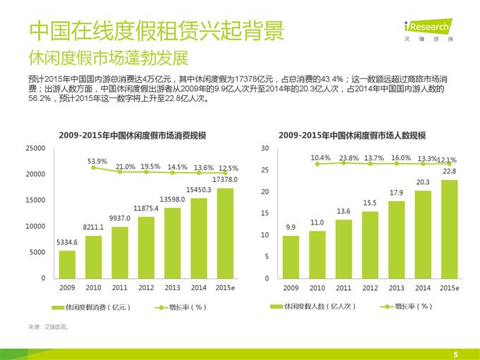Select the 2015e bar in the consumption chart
pos(225,232)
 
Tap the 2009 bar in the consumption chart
pos(67,264)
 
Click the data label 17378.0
pos(225,180)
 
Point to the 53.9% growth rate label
pos(97,161)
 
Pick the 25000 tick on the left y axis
pos(35,148)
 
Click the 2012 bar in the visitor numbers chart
pos(370,244)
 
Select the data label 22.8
pos(449,172)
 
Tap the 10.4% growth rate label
pos(320,157)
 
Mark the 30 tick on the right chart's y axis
pos(265,148)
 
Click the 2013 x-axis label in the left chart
pos(172,287)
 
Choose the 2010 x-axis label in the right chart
pos(317,287)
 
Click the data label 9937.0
pos(120,218)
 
